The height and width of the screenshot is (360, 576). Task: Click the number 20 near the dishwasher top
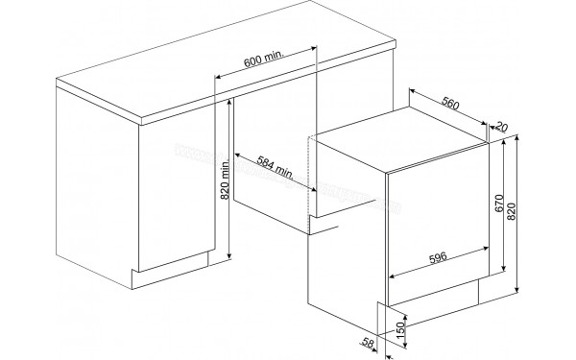tap(502, 127)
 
